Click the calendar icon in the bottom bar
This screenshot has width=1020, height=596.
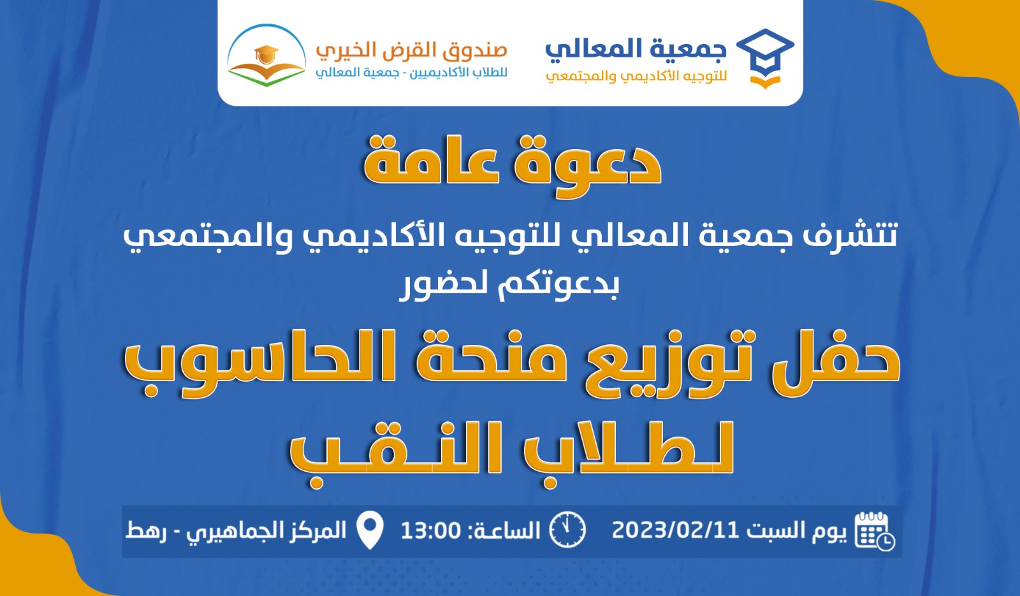point(874,531)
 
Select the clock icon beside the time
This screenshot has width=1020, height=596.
point(567,530)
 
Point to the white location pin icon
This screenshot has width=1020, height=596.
point(370,530)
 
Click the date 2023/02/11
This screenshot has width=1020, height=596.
point(675,530)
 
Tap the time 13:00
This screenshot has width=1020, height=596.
point(431,530)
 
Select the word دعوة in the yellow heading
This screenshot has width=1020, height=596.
point(587,166)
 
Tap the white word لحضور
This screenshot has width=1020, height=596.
point(447,285)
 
